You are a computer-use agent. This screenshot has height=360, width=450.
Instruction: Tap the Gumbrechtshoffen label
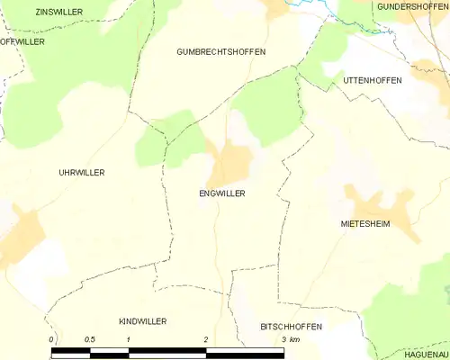click(x=220, y=52)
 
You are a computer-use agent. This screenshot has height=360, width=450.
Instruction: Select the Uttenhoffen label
click(x=373, y=80)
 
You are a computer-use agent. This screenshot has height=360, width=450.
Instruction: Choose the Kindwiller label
click(x=142, y=321)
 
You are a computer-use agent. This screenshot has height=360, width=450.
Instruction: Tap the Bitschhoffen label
click(x=291, y=326)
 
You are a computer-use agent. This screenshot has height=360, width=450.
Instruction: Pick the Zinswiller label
click(x=58, y=12)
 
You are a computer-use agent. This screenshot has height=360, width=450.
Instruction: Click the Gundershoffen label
click(x=411, y=6)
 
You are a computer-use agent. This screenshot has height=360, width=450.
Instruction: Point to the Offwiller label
click(x=22, y=41)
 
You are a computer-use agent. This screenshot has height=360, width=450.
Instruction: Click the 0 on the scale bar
click(x=52, y=339)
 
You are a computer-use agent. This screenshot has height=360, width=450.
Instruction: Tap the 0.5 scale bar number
click(x=90, y=339)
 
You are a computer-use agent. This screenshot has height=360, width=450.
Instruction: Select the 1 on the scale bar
click(x=129, y=339)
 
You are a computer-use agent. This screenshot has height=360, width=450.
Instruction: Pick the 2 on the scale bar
click(x=206, y=339)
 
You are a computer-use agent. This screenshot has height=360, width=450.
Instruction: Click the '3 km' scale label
click(x=290, y=339)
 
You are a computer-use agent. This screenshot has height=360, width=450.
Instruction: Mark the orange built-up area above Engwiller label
click(x=230, y=163)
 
